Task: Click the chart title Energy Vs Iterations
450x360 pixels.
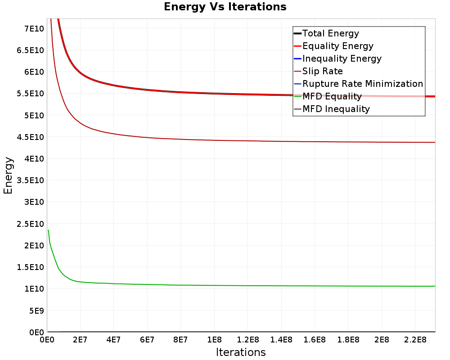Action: [225, 7]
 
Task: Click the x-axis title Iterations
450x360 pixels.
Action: [241, 352]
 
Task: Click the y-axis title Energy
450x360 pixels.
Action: [8, 175]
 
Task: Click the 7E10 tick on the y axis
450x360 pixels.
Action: [34, 29]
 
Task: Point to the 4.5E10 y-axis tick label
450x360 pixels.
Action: [31, 137]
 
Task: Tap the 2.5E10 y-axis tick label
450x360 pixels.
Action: [31, 224]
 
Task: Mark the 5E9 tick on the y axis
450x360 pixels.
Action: [36, 310]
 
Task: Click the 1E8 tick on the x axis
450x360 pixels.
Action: [214, 340]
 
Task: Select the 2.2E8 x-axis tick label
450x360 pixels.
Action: [415, 340]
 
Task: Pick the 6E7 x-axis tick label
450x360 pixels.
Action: [147, 340]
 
